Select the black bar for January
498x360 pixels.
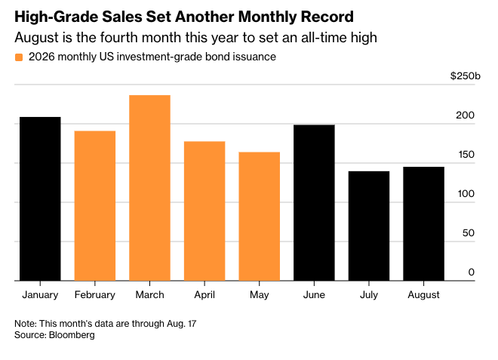(40, 199)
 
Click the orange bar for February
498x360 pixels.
(95, 206)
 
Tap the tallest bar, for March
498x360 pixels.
(149, 188)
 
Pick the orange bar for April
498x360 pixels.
(204, 211)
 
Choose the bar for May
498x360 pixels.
(259, 217)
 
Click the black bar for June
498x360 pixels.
(314, 203)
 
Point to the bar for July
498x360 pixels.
(369, 226)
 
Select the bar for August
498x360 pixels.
(424, 223)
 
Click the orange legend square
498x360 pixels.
(19, 57)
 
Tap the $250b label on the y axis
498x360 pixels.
(466, 76)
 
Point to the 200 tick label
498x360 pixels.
(465, 115)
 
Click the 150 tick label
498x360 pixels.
(466, 155)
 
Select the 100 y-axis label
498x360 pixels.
(466, 194)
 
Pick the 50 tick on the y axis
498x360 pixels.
(469, 233)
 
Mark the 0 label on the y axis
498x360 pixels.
(472, 272)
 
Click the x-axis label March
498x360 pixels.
(149, 295)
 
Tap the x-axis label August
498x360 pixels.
(424, 296)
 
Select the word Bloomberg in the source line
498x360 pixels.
(72, 335)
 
